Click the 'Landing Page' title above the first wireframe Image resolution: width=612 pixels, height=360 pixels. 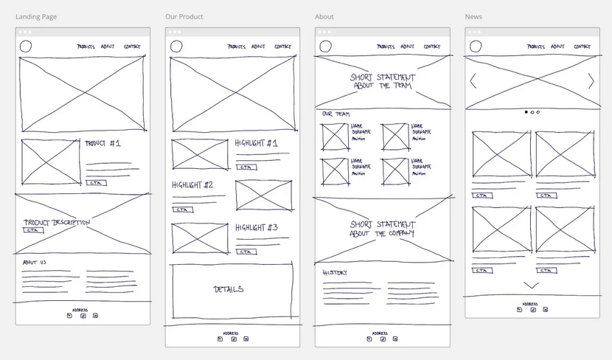(x=36, y=17)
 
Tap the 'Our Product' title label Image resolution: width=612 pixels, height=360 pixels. (x=184, y=17)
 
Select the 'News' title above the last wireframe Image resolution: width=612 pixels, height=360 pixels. (x=473, y=17)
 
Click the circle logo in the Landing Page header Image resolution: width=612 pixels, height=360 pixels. (x=26, y=47)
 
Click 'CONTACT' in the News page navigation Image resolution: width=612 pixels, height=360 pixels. (x=583, y=46)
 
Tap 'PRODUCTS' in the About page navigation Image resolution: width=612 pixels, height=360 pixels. (x=386, y=46)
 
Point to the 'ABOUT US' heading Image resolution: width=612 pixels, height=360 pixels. (x=35, y=263)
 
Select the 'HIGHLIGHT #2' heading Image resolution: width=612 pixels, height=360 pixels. (x=192, y=185)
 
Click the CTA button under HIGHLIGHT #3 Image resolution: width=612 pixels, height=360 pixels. (x=246, y=252)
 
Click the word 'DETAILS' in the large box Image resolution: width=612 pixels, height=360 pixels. (x=229, y=289)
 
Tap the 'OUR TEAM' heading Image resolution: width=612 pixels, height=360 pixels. (x=336, y=114)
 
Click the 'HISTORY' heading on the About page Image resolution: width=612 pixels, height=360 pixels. (x=335, y=273)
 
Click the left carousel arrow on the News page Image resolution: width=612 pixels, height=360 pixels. (x=473, y=81)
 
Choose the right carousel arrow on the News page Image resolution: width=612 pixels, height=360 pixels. (x=591, y=81)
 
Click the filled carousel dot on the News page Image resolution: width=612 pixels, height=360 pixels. (x=526, y=112)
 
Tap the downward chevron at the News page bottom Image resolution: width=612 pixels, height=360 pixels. (x=531, y=285)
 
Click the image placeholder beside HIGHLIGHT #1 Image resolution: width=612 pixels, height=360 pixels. (x=200, y=154)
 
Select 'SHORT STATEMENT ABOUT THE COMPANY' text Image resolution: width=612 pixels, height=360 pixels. (x=382, y=229)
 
